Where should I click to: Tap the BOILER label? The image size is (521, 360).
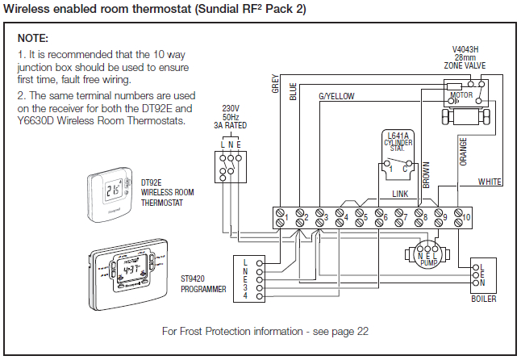tap(484, 298)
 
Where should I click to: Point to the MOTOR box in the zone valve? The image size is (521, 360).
tap(461, 94)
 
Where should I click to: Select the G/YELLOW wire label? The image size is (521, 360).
tap(336, 96)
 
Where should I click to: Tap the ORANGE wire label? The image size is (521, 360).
tap(463, 151)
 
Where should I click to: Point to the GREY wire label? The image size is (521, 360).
tap(275, 86)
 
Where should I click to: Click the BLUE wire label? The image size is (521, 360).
tap(294, 91)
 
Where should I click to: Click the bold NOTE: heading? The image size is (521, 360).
tap(33, 39)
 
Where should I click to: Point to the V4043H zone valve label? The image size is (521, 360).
tap(465, 57)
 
